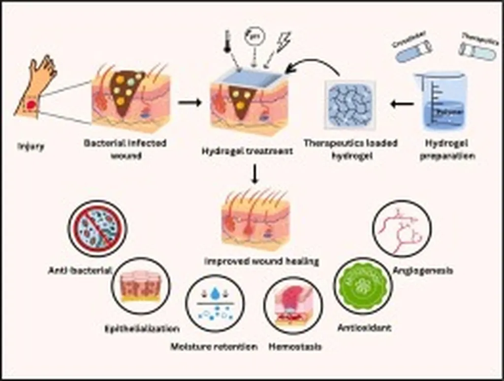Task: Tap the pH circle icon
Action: (x=255, y=36)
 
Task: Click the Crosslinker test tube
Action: (x=413, y=51)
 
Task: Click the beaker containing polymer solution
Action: (x=441, y=102)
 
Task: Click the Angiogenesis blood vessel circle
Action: (x=402, y=228)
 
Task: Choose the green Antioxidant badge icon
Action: (x=363, y=286)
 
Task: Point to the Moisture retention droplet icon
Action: (x=215, y=303)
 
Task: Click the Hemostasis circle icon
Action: (x=293, y=305)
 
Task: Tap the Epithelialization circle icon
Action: (x=140, y=286)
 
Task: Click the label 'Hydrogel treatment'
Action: (x=247, y=151)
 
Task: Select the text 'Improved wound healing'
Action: (x=261, y=261)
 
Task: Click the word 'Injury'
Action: (x=31, y=146)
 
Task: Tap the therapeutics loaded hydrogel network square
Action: (x=350, y=104)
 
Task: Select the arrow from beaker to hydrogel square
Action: (x=402, y=104)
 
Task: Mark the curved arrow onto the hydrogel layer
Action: (x=315, y=66)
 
